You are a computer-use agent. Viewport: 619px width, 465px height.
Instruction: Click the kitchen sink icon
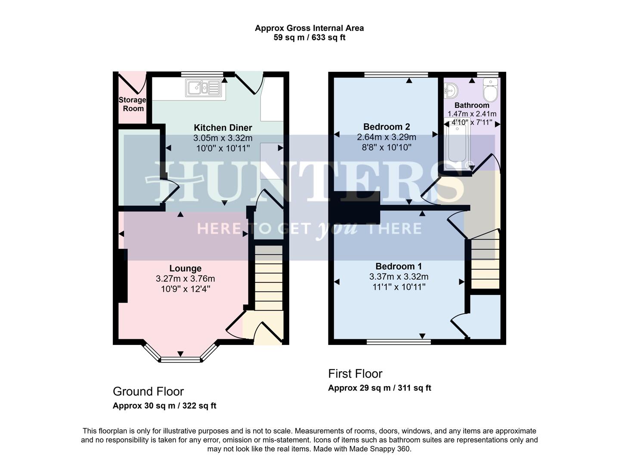pos(203,88)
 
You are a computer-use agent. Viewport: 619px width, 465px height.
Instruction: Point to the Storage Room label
pos(133,104)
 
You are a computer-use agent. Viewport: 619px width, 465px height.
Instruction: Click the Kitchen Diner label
pos(223,128)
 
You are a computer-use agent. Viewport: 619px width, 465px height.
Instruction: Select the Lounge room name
pos(185,269)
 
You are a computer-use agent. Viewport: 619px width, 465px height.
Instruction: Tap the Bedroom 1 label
pos(399,267)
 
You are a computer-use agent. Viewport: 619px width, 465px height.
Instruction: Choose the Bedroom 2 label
pos(386,127)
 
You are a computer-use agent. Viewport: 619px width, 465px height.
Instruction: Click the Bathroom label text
pos(472,105)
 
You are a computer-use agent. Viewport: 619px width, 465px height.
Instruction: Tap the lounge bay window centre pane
pos(180,360)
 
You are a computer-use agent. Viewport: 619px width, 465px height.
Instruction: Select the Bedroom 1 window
pos(399,342)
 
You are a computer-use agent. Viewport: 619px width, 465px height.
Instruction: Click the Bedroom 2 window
pos(396,74)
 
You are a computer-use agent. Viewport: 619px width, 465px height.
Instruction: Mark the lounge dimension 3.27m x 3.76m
pos(185,279)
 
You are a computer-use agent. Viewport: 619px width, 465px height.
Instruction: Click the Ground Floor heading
pos(148,391)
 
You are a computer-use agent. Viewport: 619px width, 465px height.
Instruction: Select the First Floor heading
pos(355,374)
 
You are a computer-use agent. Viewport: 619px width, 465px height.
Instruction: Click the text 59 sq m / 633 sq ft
pos(309,38)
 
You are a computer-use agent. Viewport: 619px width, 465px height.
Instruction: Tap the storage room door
pos(132,84)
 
